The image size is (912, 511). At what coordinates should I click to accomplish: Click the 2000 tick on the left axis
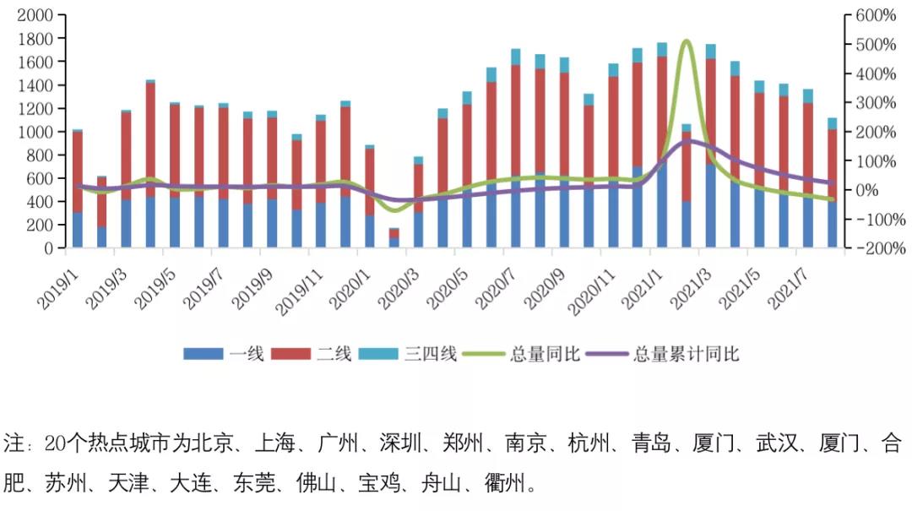pos(35,15)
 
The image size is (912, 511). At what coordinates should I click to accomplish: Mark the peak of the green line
pos(686,41)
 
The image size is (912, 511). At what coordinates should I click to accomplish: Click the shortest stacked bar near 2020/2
pos(394,237)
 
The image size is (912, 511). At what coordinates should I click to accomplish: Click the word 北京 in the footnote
pos(220,443)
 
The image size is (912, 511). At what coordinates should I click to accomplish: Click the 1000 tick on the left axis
pos(35,132)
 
